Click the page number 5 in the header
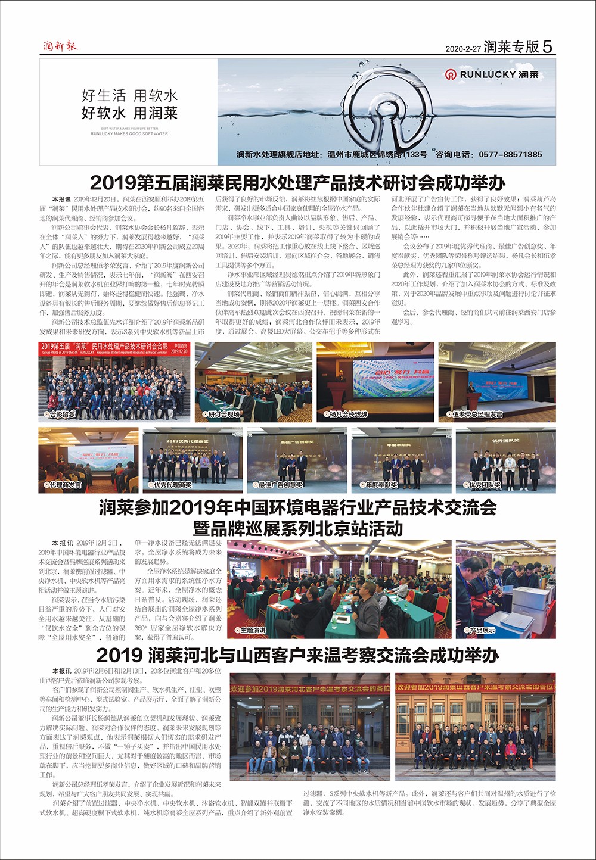(548, 46)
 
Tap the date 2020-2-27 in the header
(462, 49)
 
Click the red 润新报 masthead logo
(60, 46)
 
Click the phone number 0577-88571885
(510, 154)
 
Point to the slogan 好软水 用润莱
(129, 113)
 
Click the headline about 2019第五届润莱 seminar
(297, 182)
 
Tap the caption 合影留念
(62, 414)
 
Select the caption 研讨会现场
(223, 414)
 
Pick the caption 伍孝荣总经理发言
(477, 414)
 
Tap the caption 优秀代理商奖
(172, 485)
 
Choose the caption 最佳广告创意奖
(280, 485)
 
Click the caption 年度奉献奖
(381, 485)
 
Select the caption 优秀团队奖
(485, 485)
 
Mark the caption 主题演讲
(253, 630)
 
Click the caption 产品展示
(482, 630)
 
